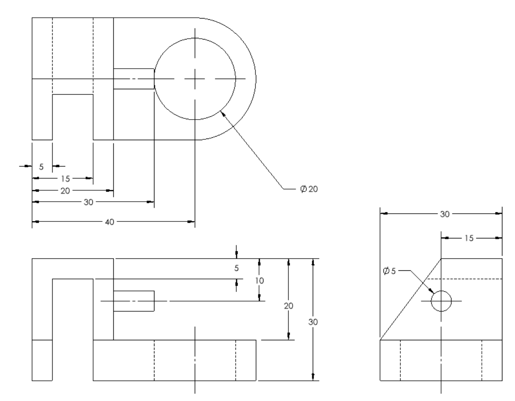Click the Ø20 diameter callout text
click(x=308, y=189)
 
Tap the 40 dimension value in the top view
click(x=109, y=222)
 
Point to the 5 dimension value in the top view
click(x=42, y=166)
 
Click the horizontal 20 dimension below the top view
click(x=65, y=191)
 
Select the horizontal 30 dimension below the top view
click(x=88, y=202)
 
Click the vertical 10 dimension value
click(x=259, y=281)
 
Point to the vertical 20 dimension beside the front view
click(x=289, y=305)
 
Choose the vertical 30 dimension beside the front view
click(x=313, y=322)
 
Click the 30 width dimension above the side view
click(x=445, y=214)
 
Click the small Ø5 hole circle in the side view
click(x=441, y=301)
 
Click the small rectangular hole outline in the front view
click(x=134, y=301)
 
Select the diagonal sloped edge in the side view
click(x=411, y=299)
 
